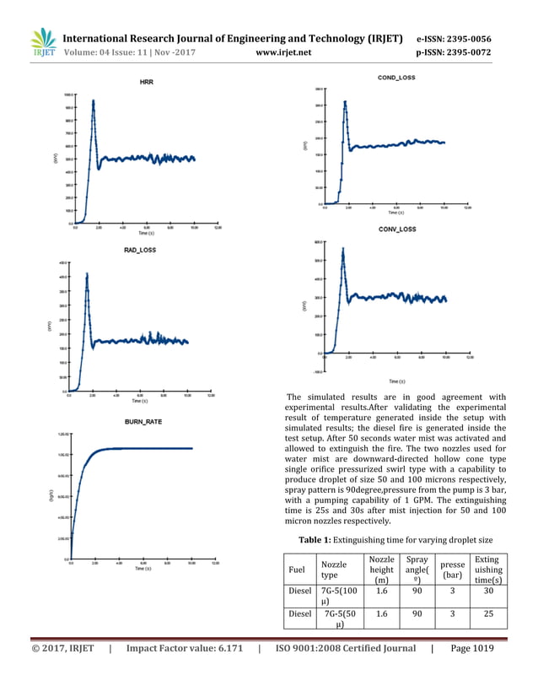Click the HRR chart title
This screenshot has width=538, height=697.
[146, 81]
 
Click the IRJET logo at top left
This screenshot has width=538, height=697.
[42, 44]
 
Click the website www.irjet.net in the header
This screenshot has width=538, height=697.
[283, 52]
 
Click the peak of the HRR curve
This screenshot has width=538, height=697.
[93, 100]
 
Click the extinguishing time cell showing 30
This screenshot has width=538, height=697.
[488, 592]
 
